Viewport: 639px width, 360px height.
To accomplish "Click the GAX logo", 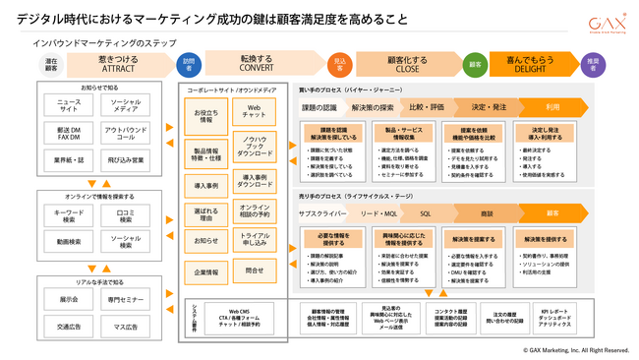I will coord(604,24).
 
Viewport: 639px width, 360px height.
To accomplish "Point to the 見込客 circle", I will coord(340,64).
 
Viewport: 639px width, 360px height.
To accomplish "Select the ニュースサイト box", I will coord(69,106).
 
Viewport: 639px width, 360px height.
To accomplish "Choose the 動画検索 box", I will coord(69,239).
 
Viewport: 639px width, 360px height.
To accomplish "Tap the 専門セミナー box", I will coord(126,299).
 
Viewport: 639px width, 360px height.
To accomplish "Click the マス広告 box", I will coord(126,327).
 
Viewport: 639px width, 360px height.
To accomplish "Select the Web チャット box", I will coord(255,112).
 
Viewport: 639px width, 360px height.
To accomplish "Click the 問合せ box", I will coord(255,270).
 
